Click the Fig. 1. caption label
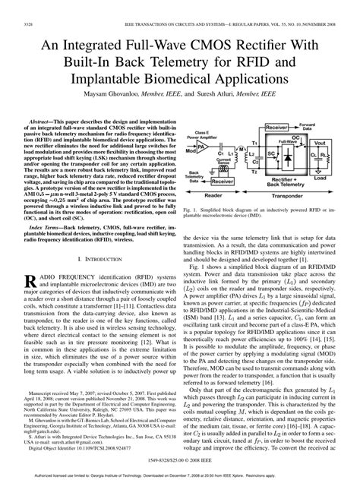point(194,206)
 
